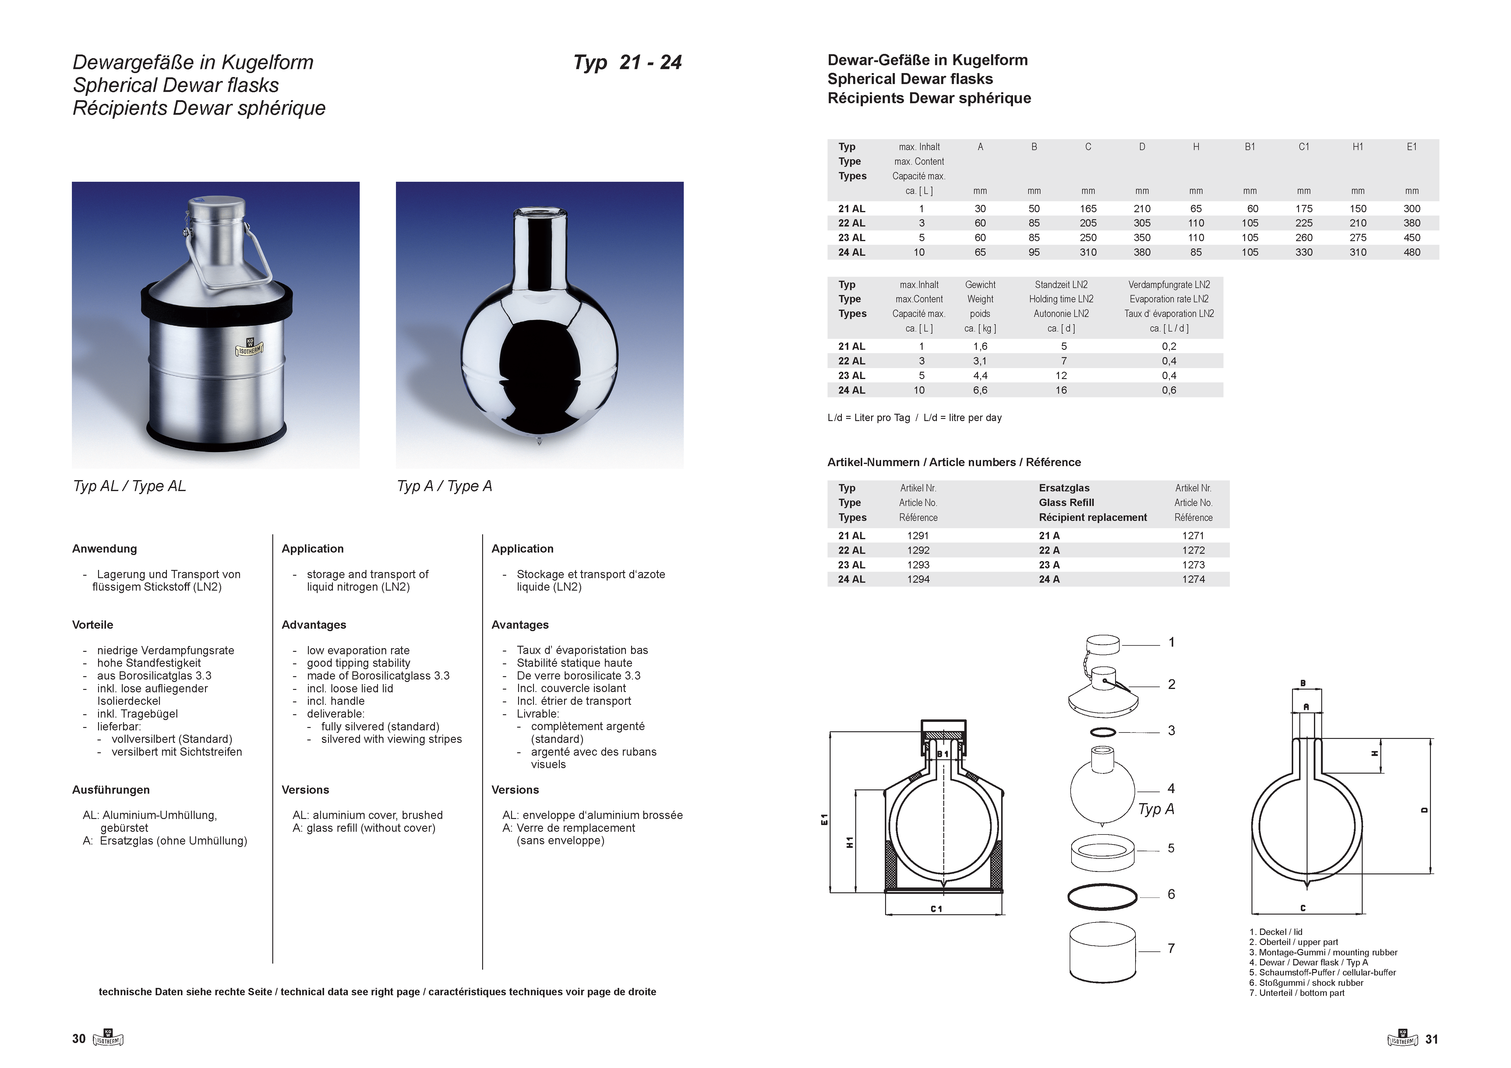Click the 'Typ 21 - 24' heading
click(x=627, y=62)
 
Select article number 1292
click(x=918, y=550)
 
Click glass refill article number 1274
click(x=1193, y=579)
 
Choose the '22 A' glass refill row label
click(x=1049, y=550)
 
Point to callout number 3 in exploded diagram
click(x=1171, y=731)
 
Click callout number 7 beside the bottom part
click(x=1171, y=948)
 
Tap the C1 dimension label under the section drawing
click(x=937, y=909)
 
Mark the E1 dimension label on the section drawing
click(x=824, y=819)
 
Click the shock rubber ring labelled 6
click(x=1102, y=896)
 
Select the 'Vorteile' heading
click(x=93, y=625)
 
